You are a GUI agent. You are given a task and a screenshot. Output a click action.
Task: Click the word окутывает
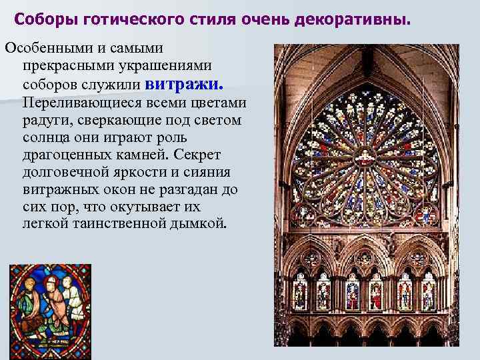pos(149,206)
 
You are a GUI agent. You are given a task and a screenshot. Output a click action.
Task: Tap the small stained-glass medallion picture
pos(50,305)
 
